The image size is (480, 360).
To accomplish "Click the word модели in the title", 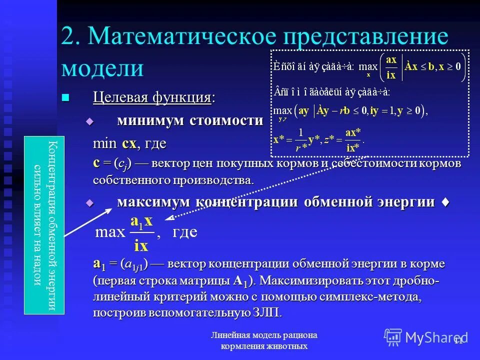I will tap(102, 67).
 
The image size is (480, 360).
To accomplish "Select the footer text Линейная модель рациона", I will tap(263, 335).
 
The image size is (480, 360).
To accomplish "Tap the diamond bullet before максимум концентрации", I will tap(90, 202).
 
